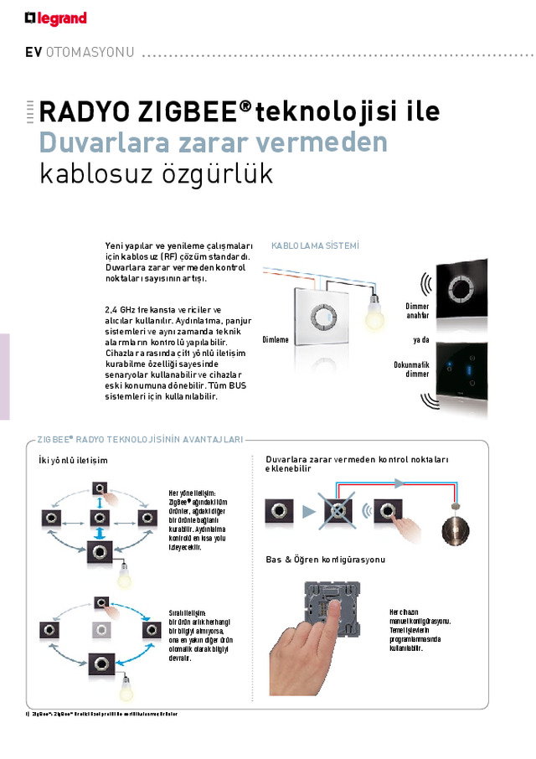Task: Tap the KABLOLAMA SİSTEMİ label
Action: point(315,245)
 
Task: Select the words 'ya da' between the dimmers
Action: point(420,340)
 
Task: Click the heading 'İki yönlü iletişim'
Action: point(74,461)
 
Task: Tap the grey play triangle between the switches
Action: point(308,511)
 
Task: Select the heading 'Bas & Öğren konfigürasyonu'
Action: point(326,559)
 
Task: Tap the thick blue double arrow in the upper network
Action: point(100,534)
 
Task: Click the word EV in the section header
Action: point(33,52)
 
